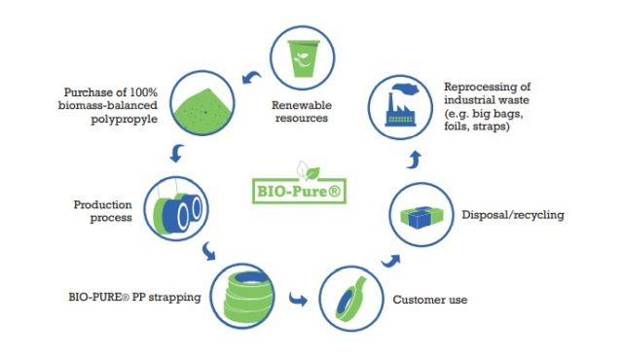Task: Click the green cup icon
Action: [x=303, y=58]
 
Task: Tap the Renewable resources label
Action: [x=302, y=112]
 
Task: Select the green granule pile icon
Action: [x=202, y=110]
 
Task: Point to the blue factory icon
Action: [x=400, y=110]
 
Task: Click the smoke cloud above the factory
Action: [x=405, y=89]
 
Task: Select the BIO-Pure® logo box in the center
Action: [x=299, y=192]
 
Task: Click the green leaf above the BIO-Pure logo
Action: [x=312, y=173]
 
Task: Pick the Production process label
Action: [x=103, y=211]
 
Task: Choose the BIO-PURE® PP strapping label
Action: [x=134, y=297]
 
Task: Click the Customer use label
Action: [x=430, y=300]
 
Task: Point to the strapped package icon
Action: [x=421, y=217]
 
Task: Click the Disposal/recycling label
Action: [x=513, y=215]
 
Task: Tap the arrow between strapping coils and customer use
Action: [x=297, y=299]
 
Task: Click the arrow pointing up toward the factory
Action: [x=414, y=160]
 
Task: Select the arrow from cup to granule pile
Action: [x=251, y=77]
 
